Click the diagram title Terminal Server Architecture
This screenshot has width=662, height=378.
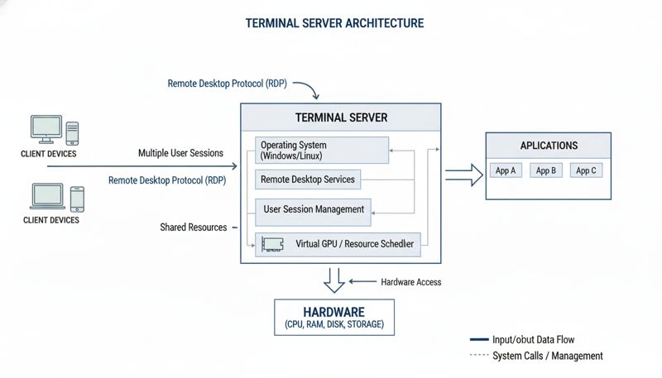click(334, 24)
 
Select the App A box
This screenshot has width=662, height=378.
click(505, 171)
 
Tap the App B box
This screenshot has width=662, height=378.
click(545, 171)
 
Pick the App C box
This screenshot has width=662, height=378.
click(586, 171)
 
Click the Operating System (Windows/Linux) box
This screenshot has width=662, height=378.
click(320, 151)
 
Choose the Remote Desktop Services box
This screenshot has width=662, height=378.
click(308, 179)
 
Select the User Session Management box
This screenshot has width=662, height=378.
click(313, 209)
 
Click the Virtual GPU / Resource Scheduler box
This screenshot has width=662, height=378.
click(338, 244)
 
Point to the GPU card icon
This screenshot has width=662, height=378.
click(273, 244)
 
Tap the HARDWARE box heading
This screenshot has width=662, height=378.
click(334, 312)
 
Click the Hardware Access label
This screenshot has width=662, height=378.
click(410, 282)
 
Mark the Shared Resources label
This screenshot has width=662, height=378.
click(193, 227)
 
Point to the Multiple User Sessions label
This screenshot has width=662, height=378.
click(180, 153)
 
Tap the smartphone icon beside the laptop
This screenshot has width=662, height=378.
click(77, 198)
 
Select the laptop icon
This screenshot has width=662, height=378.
click(46, 197)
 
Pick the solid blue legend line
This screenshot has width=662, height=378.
click(480, 340)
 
